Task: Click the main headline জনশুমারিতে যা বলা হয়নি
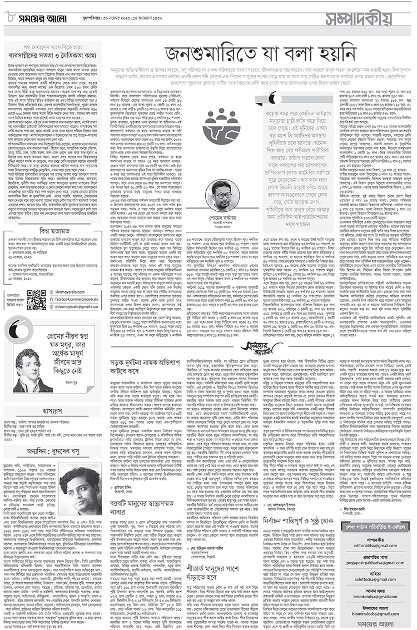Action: (x=252, y=54)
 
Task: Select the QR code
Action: (x=37, y=300)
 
